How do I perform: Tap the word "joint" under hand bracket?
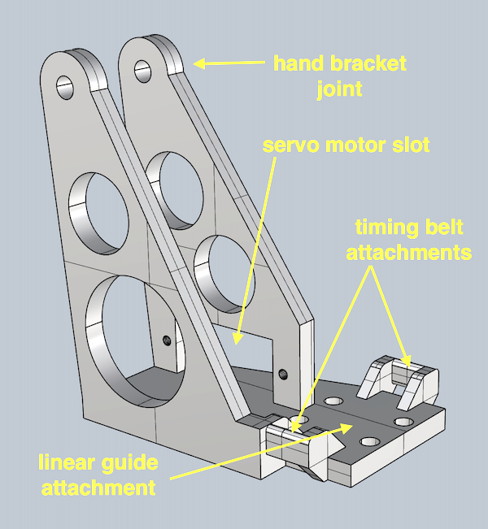(340, 88)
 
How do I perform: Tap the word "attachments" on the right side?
(408, 253)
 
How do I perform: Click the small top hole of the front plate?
(64, 85)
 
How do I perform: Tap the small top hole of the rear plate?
(142, 69)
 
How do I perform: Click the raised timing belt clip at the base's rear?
(399, 376)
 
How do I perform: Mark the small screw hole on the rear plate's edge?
(282, 374)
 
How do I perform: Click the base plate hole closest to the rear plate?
(333, 401)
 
